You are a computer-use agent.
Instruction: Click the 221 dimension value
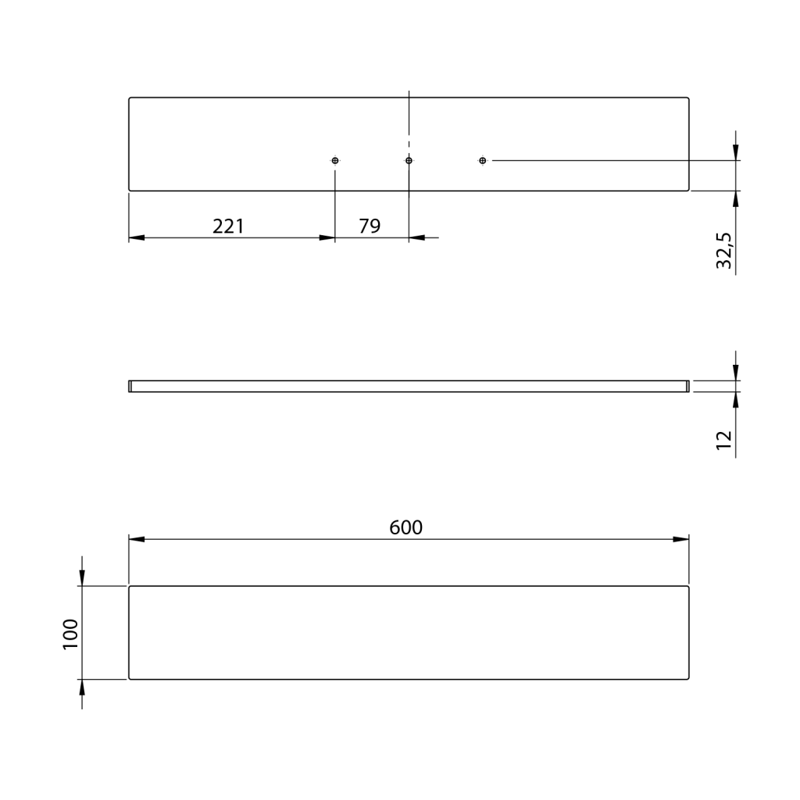[228, 226]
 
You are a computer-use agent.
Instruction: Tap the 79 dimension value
[370, 226]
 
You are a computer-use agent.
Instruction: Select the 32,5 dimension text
[724, 251]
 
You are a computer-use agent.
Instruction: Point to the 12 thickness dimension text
[724, 440]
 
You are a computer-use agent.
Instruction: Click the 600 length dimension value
[406, 527]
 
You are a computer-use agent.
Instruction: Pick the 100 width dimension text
[70, 634]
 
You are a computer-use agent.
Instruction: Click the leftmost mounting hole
[335, 161]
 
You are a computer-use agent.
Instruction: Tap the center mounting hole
[409, 161]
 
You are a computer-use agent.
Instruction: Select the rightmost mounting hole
[483, 161]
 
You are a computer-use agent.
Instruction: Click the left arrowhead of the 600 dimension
[136, 539]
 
